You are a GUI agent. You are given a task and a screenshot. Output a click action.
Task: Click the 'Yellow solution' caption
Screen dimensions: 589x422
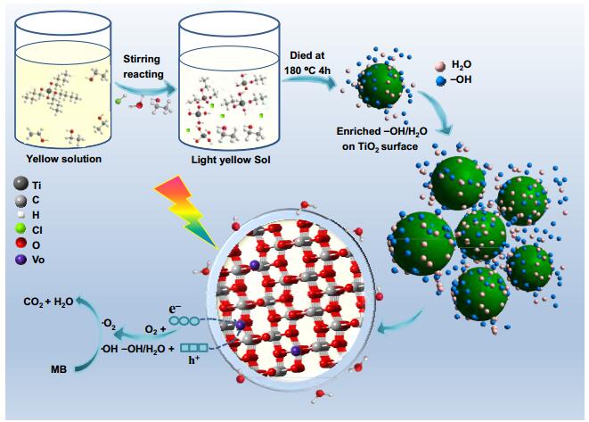click(x=64, y=159)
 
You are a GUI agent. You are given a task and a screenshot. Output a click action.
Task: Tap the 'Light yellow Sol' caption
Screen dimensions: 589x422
click(x=231, y=160)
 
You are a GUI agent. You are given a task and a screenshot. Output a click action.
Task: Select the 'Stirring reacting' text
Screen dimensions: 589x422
click(x=143, y=67)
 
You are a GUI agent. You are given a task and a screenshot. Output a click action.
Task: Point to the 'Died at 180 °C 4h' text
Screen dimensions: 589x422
click(x=307, y=62)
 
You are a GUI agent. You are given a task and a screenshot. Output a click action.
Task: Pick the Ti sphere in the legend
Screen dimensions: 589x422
click(x=20, y=184)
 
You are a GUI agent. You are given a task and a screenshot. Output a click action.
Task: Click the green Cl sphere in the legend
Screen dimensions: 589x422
click(x=20, y=229)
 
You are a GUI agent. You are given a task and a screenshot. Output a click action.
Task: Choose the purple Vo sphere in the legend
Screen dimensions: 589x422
click(x=20, y=259)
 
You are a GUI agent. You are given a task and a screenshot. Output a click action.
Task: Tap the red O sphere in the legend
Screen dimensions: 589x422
click(x=20, y=244)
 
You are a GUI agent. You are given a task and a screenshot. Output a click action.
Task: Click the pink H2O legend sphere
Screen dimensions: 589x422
click(x=440, y=66)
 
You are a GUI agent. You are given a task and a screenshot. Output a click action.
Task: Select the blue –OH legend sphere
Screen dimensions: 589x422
click(x=441, y=80)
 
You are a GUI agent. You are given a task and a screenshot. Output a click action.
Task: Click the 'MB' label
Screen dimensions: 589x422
click(x=59, y=369)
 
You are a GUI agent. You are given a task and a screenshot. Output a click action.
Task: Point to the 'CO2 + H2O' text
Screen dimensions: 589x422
click(x=48, y=302)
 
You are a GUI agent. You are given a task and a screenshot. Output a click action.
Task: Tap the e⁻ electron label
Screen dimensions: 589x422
click(x=175, y=309)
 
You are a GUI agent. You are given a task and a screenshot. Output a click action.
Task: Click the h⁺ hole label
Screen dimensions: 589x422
click(x=193, y=360)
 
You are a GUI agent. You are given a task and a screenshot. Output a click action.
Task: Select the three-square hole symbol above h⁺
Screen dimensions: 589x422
click(x=194, y=348)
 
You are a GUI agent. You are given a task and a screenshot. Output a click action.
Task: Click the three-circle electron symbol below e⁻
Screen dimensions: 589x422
click(x=184, y=321)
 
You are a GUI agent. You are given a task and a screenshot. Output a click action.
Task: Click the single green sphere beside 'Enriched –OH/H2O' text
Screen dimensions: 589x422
click(x=380, y=87)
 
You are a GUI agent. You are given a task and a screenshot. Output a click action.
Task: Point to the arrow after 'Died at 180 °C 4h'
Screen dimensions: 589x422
click(x=310, y=81)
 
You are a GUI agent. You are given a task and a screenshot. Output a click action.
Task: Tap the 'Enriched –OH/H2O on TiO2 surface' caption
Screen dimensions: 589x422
click(x=381, y=139)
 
